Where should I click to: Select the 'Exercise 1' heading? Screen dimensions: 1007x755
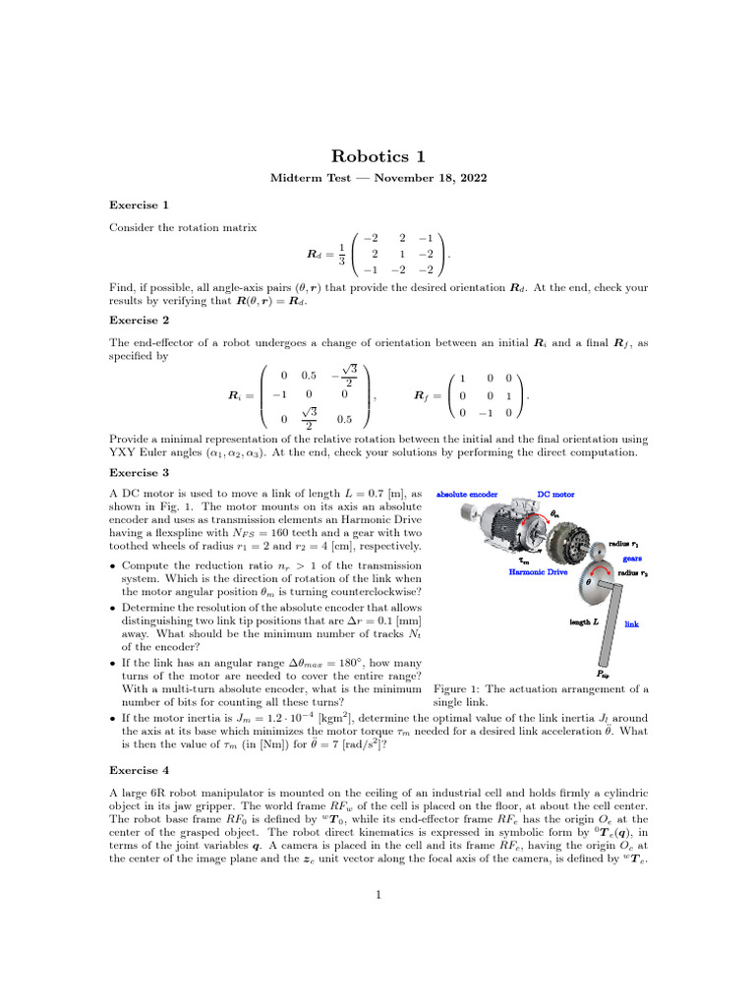pyautogui.click(x=139, y=205)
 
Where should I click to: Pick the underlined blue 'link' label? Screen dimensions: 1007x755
pyautogui.click(x=632, y=623)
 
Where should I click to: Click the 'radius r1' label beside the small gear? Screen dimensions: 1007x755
pyautogui.click(x=627, y=543)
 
